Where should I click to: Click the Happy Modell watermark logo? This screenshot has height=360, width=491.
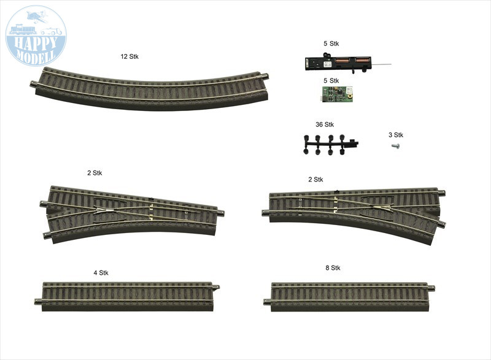pos(36,36)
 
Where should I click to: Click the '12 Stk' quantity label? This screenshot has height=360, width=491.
pos(130,56)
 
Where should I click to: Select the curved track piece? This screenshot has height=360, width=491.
pos(150,88)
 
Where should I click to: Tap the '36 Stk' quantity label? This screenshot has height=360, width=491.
pos(325,124)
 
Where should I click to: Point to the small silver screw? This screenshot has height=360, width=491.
pos(395,145)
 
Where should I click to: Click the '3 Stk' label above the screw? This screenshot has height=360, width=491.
pos(396,135)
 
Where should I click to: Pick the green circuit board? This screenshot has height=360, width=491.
pos(337,94)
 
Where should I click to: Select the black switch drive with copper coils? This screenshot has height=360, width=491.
pos(338,64)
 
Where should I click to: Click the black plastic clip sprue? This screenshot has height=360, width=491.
pos(330,145)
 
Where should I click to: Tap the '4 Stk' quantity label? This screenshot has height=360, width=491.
pos(101,273)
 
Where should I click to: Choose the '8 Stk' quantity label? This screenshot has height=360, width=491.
pos(333,268)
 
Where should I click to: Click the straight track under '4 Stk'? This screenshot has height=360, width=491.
pos(127,296)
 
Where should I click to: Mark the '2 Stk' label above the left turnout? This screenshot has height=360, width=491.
pos(95,173)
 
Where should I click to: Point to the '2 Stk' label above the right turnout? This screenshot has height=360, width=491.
pos(315,179)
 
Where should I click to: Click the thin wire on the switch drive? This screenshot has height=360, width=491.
pos(381,65)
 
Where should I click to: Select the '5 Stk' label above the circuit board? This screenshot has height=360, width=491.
pos(331,81)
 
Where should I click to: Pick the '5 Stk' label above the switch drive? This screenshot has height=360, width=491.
pos(331,44)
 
